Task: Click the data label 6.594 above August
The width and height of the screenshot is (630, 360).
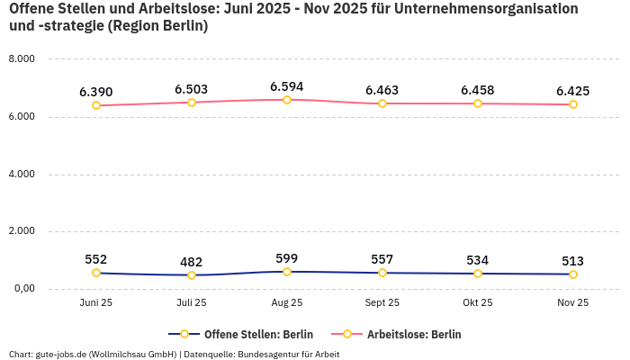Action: tap(286, 87)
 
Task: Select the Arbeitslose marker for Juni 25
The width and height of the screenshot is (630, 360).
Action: tap(96, 105)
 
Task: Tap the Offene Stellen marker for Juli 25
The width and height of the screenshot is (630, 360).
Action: tap(192, 275)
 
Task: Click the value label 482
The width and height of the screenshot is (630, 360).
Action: tap(192, 262)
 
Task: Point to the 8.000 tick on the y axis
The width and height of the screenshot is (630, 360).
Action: tap(21, 59)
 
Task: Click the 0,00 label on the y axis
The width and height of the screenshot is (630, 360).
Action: tap(22, 289)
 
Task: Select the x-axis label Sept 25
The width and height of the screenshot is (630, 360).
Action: tap(382, 303)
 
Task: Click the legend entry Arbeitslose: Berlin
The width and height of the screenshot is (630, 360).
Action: tap(414, 334)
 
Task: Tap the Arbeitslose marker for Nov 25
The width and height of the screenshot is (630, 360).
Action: tap(573, 104)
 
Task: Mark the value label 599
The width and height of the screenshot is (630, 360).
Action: tap(287, 258)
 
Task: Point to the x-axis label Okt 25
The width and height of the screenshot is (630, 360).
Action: tap(478, 303)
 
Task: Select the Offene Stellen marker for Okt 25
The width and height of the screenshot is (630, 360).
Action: tap(478, 274)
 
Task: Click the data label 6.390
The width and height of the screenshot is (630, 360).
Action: tap(96, 92)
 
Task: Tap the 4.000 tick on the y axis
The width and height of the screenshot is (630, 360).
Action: tap(21, 174)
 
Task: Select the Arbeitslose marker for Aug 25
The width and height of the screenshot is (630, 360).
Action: tap(287, 100)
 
